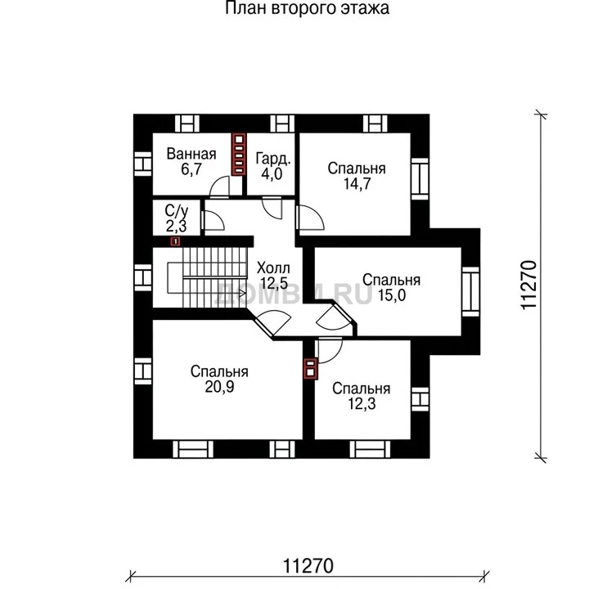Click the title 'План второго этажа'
(x=307, y=8)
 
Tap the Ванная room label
(x=191, y=154)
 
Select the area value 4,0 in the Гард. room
(x=272, y=174)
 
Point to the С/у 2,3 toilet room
(x=177, y=218)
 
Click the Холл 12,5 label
(x=274, y=276)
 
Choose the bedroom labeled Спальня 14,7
(x=357, y=176)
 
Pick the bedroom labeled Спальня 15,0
(x=391, y=287)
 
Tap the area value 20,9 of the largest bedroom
(x=219, y=386)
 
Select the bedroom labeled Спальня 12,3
(x=361, y=396)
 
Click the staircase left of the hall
(x=207, y=277)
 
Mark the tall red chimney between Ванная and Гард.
(x=239, y=155)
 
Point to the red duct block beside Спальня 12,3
(x=310, y=368)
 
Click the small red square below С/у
(x=175, y=241)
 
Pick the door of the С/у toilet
(x=213, y=221)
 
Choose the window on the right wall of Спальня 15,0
(x=470, y=291)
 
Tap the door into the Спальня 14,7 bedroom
(x=310, y=218)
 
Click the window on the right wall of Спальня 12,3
(x=420, y=399)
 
